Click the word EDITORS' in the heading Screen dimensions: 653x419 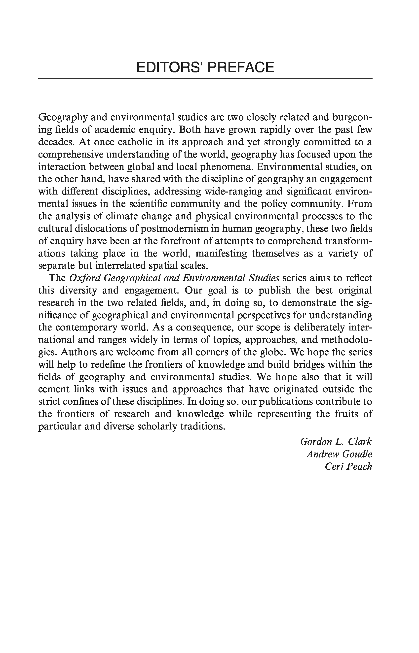(170, 67)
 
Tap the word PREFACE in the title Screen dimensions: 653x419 (241, 67)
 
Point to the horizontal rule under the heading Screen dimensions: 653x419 (205, 79)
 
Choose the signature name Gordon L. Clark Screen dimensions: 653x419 (336, 442)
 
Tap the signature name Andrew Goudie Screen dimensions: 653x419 (339, 454)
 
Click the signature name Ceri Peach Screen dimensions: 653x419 (348, 466)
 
